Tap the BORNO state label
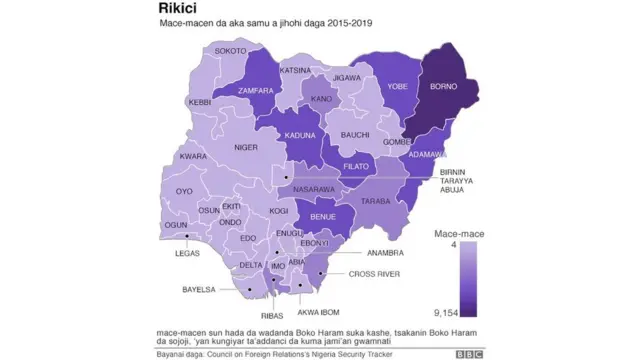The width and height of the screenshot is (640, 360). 443,87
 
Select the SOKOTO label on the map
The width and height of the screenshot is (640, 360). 231,50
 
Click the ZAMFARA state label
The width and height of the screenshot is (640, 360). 257,89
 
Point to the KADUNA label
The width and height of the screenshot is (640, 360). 301,135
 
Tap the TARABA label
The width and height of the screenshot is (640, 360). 375,201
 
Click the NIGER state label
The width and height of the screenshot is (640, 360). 246,147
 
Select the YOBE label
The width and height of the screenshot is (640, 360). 397,87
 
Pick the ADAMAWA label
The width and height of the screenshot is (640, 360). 425,155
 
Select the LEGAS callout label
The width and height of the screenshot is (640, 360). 187,253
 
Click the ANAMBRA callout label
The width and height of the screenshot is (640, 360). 386,253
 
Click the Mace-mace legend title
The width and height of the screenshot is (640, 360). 458,232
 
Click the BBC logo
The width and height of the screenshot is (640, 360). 470,353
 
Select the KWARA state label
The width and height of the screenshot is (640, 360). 193,157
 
